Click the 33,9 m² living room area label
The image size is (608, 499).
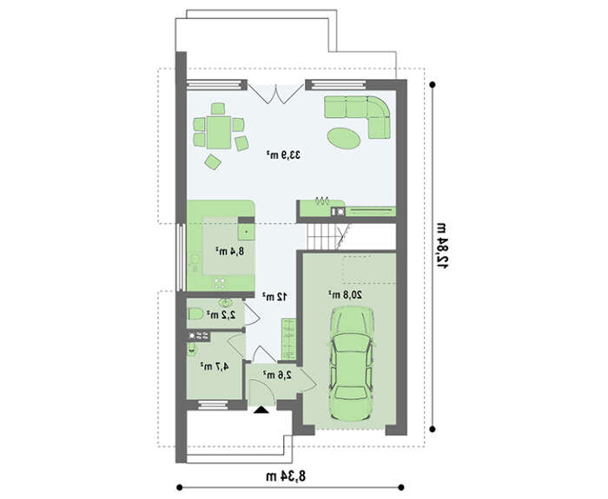(283, 155)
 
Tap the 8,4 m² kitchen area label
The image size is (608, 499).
(230, 251)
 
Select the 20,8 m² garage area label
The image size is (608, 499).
(346, 294)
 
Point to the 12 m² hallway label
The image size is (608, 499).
(275, 297)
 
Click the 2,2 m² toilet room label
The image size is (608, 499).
(221, 315)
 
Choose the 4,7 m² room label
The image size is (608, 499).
(215, 366)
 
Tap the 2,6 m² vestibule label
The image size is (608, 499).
(277, 375)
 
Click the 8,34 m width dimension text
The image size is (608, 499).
(286, 476)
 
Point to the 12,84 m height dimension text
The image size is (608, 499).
(441, 246)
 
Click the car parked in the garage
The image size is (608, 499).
(352, 364)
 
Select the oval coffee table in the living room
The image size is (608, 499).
(344, 138)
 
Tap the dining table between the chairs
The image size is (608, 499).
(219, 132)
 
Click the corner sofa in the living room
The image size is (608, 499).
(358, 116)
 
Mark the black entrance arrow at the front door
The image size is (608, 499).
(261, 410)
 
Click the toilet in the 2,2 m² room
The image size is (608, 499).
(195, 313)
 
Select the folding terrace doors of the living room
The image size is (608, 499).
(275, 94)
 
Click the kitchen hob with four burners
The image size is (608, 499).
(220, 284)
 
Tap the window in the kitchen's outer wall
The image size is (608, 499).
(180, 257)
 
